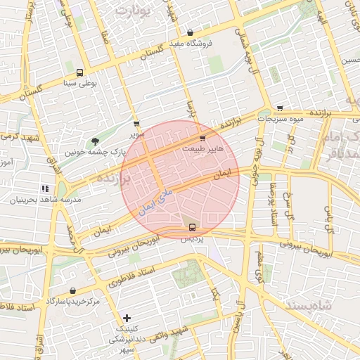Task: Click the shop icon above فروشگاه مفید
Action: point(191,32)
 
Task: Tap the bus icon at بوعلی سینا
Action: point(79,72)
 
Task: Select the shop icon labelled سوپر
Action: point(136,124)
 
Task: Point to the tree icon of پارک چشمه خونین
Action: point(96,141)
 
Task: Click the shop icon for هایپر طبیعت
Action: point(203,139)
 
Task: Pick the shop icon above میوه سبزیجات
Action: point(280,108)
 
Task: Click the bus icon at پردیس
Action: point(193,226)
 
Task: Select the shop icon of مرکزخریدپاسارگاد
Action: point(73,290)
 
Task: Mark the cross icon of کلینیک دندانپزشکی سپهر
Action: point(127,318)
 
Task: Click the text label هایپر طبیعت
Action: point(203,149)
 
